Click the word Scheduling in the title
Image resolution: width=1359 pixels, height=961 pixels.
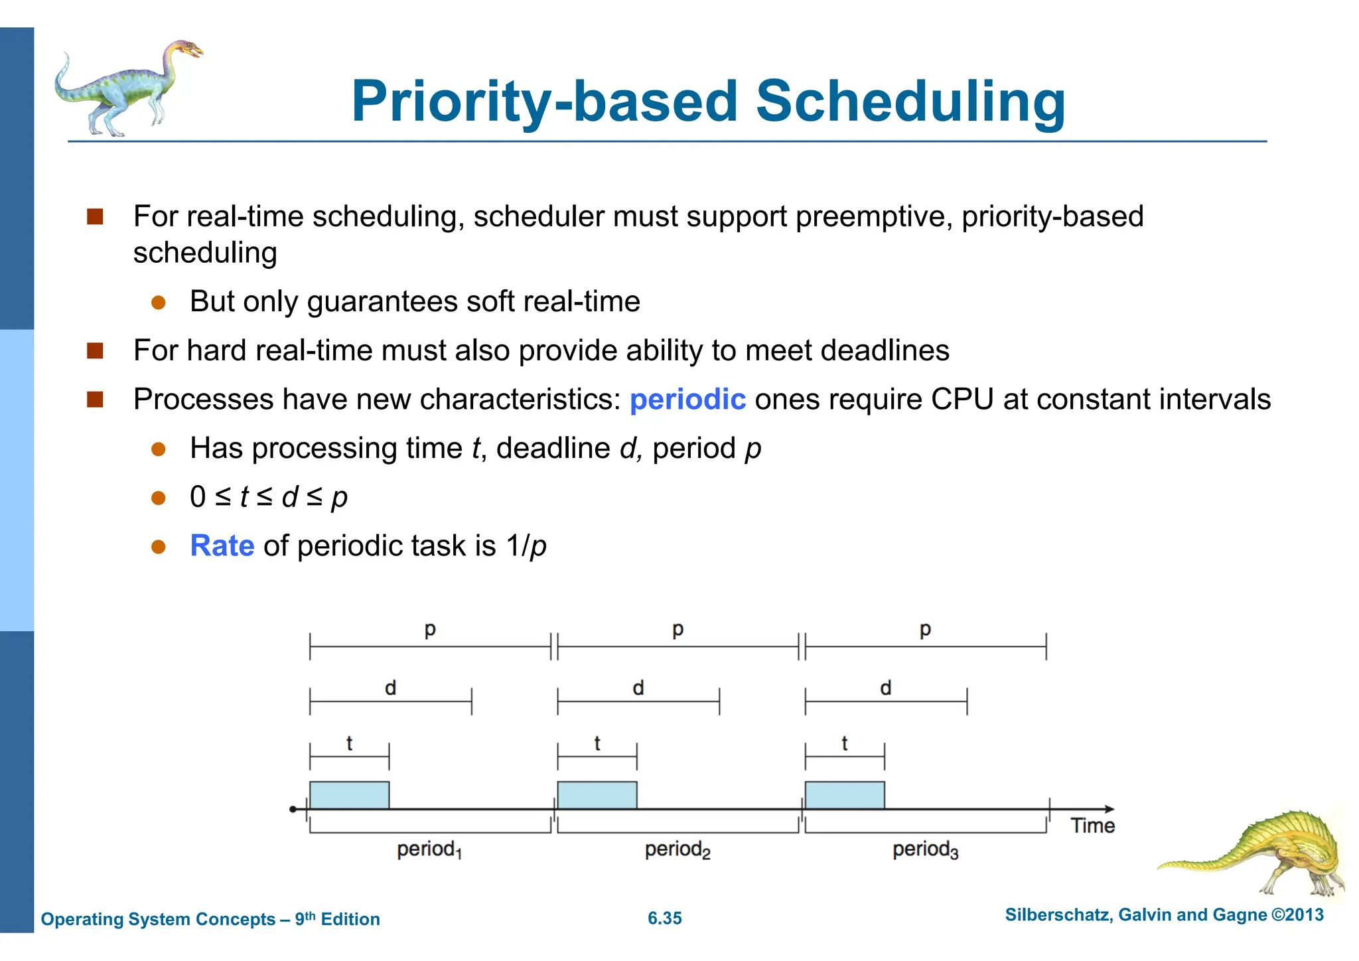pos(910,103)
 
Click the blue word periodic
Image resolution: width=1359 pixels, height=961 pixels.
pos(687,400)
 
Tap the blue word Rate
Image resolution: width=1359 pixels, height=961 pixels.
pos(222,546)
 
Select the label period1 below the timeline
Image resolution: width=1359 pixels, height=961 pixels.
pos(429,850)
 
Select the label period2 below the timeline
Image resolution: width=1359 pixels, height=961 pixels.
pos(677,850)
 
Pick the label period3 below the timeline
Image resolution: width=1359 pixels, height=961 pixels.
pos(925,850)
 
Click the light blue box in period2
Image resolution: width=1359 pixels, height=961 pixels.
pos(597,795)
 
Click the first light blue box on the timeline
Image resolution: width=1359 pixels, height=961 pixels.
pos(349,795)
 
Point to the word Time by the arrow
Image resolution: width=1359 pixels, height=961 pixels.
pos(1092,826)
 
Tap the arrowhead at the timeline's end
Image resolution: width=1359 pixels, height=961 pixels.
pos(1109,809)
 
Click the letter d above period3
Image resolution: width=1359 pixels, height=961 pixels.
pos(885,688)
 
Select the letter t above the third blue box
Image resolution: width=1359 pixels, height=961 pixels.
pos(844,743)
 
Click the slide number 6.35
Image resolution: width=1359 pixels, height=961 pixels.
pos(664,919)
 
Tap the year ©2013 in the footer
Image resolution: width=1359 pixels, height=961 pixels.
pos(1297,915)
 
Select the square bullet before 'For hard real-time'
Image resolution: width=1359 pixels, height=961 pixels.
pos(95,350)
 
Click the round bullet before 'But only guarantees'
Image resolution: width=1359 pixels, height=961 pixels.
pos(158,303)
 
